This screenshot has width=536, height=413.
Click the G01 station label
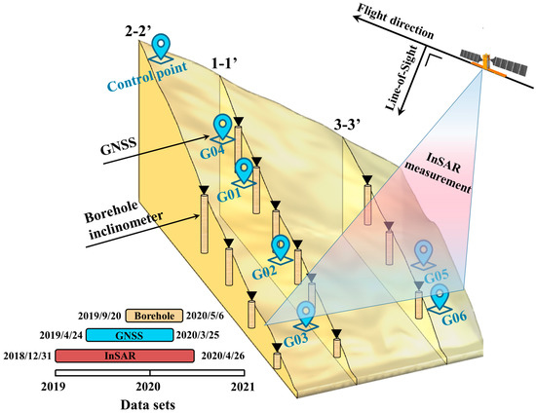point(228,195)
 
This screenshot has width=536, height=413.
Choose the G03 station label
point(298,342)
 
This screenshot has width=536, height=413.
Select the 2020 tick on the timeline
point(150,387)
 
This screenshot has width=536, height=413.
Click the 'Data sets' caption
point(150,402)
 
